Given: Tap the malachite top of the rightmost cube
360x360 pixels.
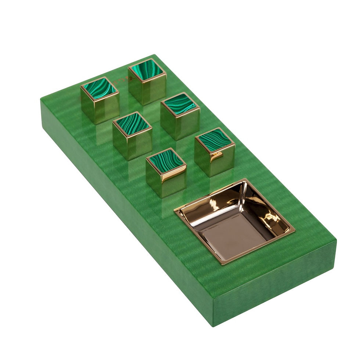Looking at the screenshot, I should (x=215, y=140).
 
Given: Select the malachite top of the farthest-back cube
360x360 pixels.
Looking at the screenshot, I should (x=147, y=70).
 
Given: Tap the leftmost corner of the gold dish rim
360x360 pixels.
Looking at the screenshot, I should (x=174, y=210).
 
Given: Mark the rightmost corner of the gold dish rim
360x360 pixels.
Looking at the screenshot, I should (x=295, y=231).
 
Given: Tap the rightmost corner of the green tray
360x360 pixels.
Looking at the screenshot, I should (x=336, y=241).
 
